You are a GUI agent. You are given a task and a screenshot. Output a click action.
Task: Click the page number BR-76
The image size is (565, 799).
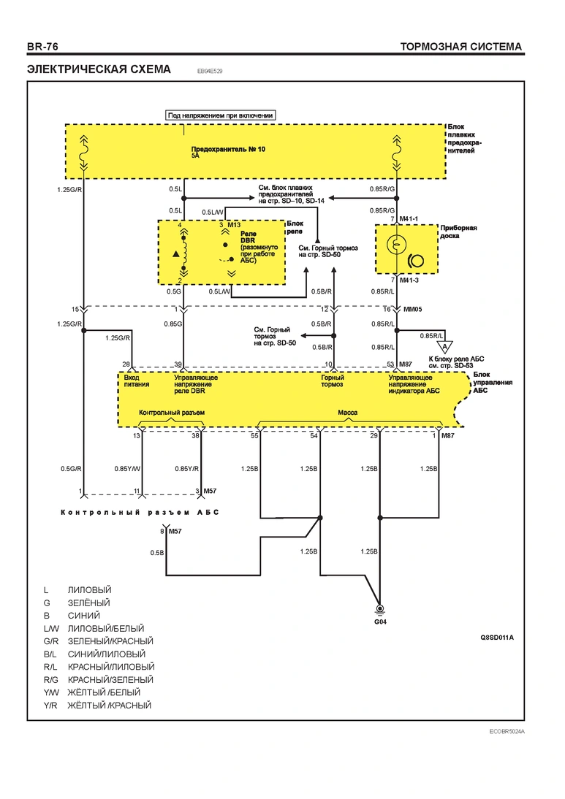pos(43,47)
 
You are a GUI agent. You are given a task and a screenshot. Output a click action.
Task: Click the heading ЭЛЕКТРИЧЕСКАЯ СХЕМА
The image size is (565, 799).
pos(99,69)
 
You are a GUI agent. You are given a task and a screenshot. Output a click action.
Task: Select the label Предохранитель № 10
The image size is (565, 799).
pos(228,149)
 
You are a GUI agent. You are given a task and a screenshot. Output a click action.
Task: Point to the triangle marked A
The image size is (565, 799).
pos(444,346)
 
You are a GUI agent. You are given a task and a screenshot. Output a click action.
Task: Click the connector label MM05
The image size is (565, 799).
pos(412,310)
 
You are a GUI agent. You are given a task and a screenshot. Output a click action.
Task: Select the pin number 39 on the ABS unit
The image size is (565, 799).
pos(178,364)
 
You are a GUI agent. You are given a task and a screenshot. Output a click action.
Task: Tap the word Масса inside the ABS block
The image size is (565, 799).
pos(348,412)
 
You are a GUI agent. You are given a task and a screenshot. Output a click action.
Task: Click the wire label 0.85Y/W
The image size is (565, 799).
pos(127,469)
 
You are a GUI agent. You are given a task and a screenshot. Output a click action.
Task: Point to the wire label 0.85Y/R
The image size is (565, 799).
pos(187,469)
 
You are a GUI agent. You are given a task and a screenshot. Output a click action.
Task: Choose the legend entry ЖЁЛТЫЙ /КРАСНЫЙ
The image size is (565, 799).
pos(110,706)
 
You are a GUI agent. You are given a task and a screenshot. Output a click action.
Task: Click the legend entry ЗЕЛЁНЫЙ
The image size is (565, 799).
pos(88,603)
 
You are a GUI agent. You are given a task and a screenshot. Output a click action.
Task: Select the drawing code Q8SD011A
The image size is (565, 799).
pos(497,638)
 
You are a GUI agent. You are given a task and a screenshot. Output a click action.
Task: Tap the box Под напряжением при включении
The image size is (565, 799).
pos(220,115)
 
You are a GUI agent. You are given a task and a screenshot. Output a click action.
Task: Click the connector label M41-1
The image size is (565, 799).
pos(409,219)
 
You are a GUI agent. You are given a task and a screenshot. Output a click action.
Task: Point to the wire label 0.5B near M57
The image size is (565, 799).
pos(157,553)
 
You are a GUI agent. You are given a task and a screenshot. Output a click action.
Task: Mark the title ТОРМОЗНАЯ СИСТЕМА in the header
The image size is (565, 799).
pos(461,47)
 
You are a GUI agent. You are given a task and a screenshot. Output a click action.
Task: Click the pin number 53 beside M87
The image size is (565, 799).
pos(390,364)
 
